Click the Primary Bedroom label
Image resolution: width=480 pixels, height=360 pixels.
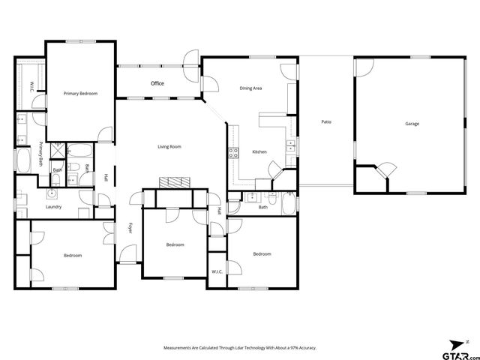(x=80, y=93)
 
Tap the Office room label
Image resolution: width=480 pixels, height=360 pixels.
(x=157, y=83)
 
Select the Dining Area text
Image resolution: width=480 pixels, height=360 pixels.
(x=250, y=88)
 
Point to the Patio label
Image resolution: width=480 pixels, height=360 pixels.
(x=326, y=121)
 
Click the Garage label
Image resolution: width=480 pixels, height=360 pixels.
(x=412, y=124)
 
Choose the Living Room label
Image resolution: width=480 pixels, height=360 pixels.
(x=169, y=146)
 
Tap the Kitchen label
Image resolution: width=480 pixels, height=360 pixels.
(x=259, y=152)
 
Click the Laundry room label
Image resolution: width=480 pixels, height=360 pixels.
(x=53, y=207)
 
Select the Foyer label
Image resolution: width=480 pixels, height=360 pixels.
(x=129, y=228)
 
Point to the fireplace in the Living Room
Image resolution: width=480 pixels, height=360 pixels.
(x=174, y=182)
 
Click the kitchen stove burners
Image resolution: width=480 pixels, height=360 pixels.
(x=232, y=153)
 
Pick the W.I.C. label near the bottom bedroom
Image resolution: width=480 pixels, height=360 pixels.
(x=217, y=271)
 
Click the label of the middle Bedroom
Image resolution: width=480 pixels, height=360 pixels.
(x=175, y=244)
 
